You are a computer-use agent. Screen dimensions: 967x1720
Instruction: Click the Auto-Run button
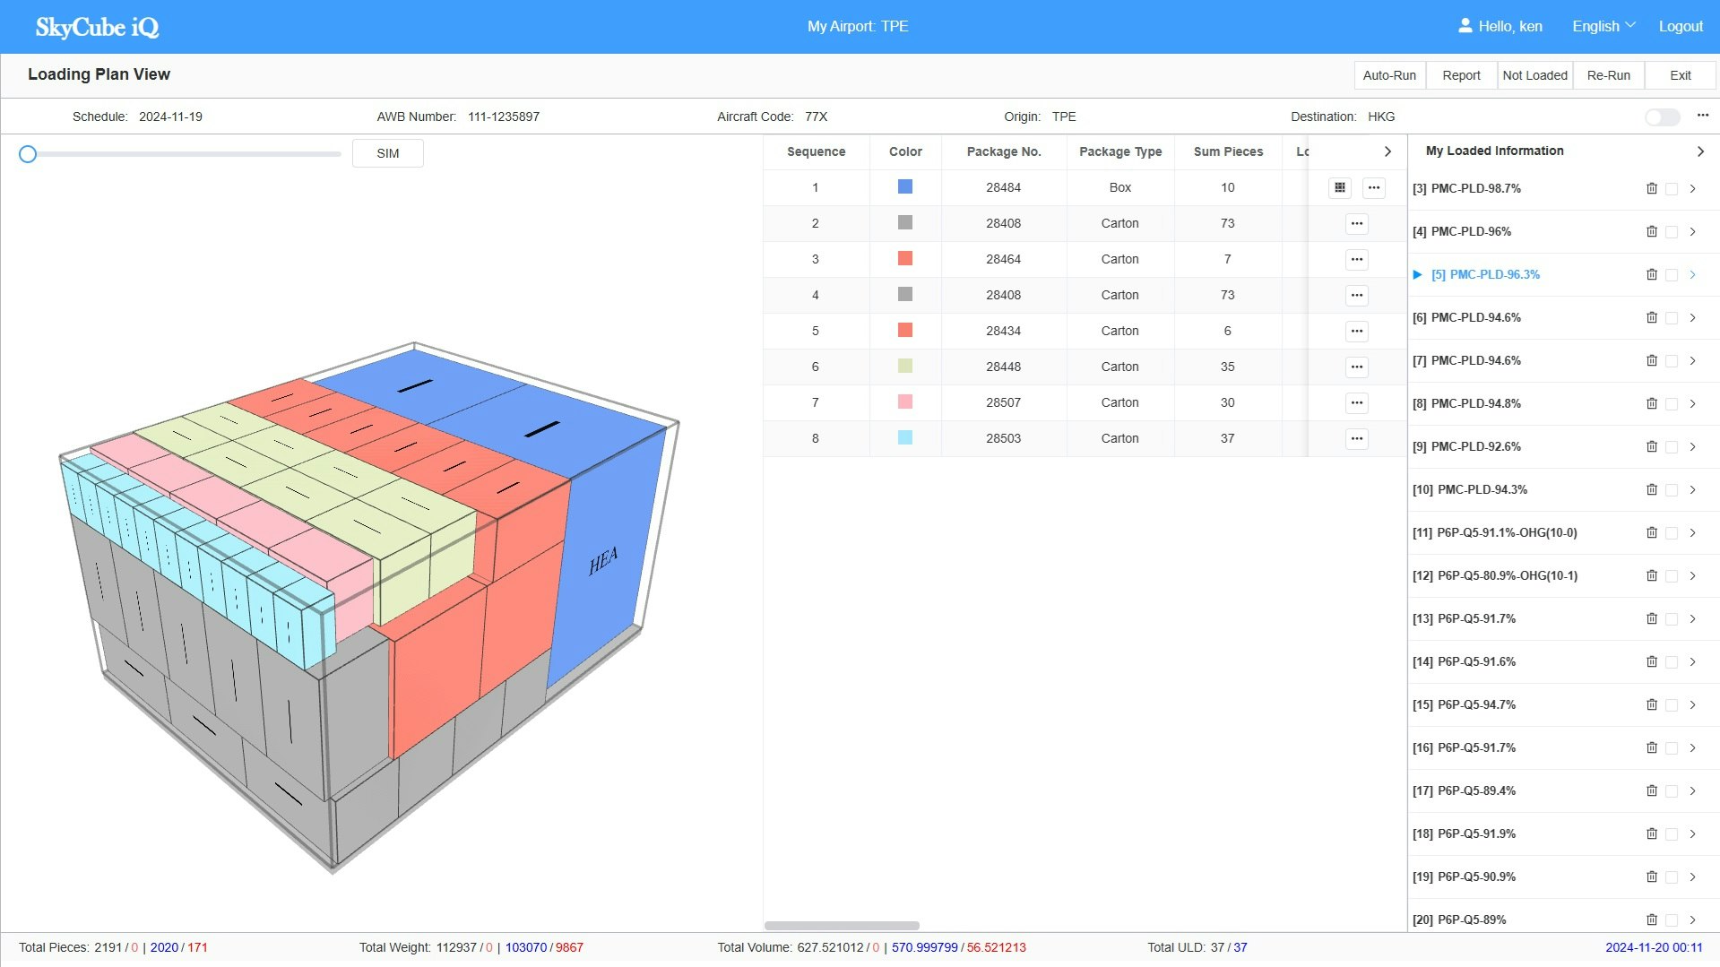(1389, 75)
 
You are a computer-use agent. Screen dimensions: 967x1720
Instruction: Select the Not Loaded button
(1534, 75)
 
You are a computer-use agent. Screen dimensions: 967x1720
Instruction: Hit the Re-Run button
(1608, 75)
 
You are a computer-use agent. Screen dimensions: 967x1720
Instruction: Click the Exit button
(1680, 75)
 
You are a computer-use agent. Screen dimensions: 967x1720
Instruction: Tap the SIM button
(387, 153)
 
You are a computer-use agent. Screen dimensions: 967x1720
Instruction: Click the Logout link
(1680, 26)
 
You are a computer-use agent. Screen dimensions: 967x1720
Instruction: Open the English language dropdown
(1603, 26)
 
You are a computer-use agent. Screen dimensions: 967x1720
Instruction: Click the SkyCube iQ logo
(97, 27)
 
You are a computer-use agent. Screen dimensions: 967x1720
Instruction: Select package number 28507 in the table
(1003, 402)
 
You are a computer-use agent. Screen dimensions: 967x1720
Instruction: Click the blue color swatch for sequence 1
(905, 186)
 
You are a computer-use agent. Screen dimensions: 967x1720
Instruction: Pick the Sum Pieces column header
(1228, 151)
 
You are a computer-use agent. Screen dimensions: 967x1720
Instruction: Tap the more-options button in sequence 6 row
(1356, 367)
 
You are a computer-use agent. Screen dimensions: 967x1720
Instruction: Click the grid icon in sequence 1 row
(1339, 187)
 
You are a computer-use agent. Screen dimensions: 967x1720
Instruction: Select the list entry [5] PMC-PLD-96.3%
(1485, 274)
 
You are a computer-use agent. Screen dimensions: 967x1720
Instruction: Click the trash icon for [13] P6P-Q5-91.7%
(1651, 618)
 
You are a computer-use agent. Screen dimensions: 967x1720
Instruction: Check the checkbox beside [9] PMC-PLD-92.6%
(1671, 447)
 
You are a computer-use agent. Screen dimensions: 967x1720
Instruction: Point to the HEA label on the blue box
(603, 561)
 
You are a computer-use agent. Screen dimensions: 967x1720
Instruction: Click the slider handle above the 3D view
(28, 154)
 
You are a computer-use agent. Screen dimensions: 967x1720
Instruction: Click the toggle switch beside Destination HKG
(1662, 117)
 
